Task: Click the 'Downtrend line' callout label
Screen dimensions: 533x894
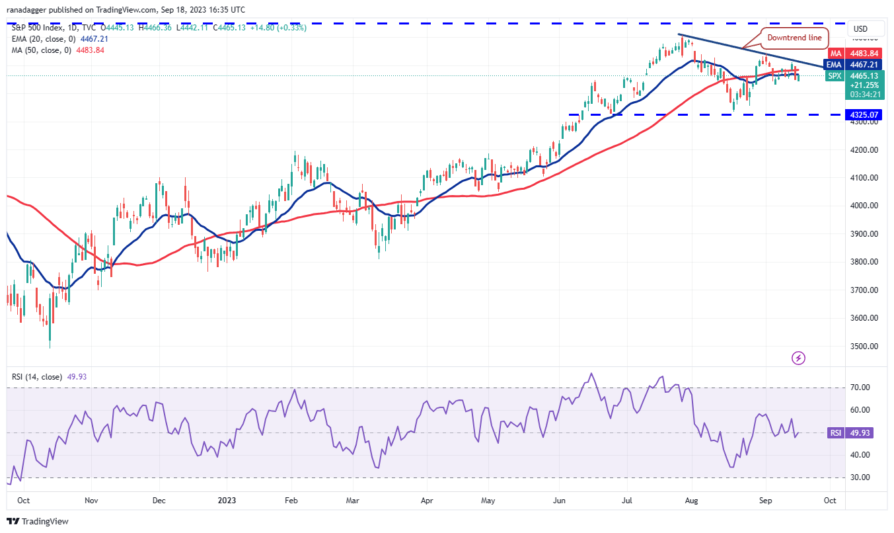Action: click(794, 38)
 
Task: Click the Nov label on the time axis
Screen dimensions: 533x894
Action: click(91, 501)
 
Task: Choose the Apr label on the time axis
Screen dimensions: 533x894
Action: click(426, 501)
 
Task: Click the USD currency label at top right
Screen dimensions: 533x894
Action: click(860, 29)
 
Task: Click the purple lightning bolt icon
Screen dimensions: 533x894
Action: click(798, 358)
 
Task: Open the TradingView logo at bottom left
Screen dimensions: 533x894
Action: click(38, 521)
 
